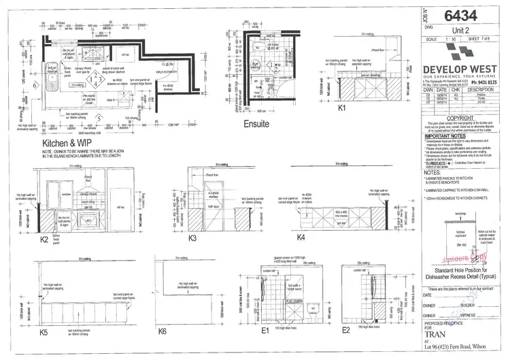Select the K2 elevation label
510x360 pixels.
coord(45,239)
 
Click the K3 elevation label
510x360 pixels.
coord(192,238)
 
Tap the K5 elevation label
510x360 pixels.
coord(44,333)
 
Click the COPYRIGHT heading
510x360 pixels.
coord(462,117)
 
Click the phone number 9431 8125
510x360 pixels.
coord(487,81)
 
